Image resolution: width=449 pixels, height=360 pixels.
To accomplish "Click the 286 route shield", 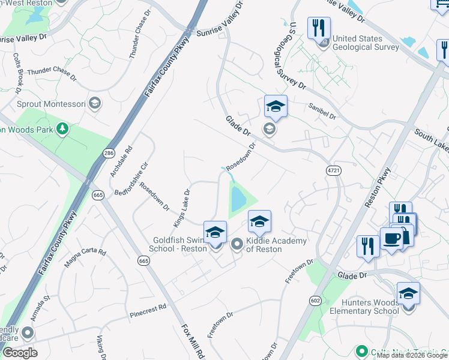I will point(109,154).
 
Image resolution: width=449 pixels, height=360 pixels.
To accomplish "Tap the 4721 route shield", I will point(334,170).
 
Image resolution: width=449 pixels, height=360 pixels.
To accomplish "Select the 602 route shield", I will point(315,300).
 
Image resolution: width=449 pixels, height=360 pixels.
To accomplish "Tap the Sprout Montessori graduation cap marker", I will point(94,103).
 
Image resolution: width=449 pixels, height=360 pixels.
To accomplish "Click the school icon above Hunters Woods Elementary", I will point(408,294).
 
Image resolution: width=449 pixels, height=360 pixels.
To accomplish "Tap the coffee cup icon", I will point(391,239).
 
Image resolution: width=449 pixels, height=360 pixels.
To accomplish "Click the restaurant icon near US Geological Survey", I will point(319,28).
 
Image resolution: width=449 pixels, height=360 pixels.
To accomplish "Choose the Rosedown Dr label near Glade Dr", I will point(241,156).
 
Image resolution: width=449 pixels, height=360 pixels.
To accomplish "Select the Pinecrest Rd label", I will point(147,312).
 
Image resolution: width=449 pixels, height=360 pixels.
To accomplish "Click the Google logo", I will point(20,353).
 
